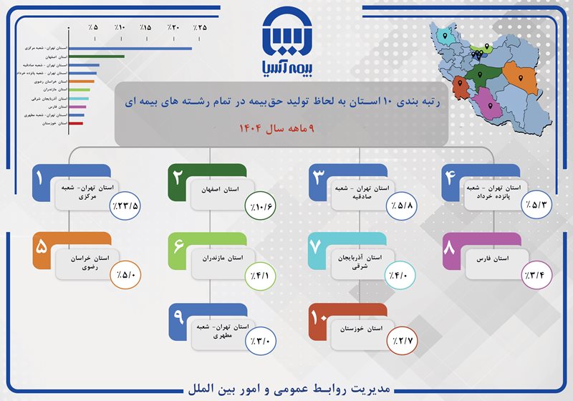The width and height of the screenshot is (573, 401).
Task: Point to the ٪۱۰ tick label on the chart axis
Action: (120, 27)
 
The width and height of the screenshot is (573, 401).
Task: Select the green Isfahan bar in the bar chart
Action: (96, 57)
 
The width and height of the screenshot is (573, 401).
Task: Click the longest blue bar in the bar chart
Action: (130, 49)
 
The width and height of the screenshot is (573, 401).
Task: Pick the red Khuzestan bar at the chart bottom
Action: (75, 123)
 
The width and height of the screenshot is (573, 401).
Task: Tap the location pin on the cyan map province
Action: (445, 34)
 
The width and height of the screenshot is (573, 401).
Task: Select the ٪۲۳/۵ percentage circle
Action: (125, 206)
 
